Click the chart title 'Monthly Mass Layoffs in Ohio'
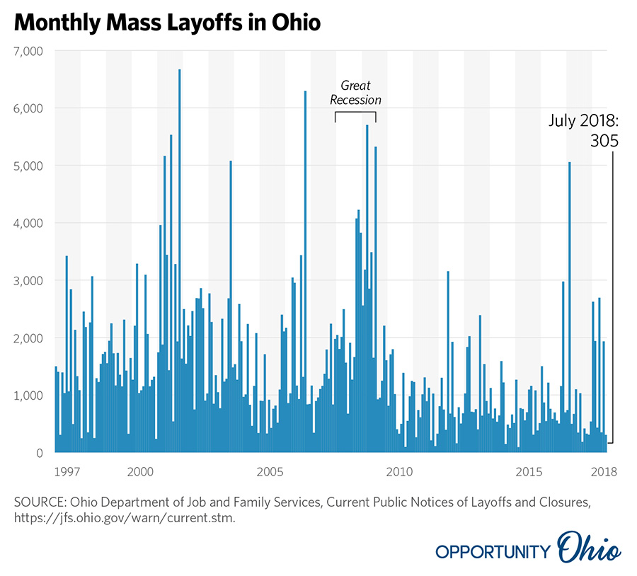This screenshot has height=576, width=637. coord(167,23)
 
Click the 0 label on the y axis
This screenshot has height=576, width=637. coord(39,453)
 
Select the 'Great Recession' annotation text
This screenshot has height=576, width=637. coord(355,93)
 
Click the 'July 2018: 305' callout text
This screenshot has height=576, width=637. coord(584,131)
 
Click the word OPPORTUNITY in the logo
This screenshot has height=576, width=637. coord(493,552)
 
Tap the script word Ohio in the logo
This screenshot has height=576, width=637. coord(589,550)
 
